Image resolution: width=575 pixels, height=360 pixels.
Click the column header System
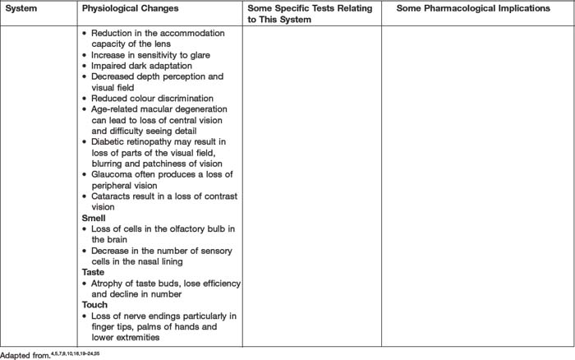coord(21,7)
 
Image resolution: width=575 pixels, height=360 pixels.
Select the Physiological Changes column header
coord(126,7)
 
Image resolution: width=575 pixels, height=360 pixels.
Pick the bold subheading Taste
coord(93,271)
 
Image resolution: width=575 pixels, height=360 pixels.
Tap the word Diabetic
coord(108,141)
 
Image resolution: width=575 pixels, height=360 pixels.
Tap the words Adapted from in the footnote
coord(23,354)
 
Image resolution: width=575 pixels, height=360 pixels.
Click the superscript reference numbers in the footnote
coord(75,353)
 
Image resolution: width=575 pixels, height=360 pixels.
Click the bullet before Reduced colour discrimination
coord(85,99)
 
